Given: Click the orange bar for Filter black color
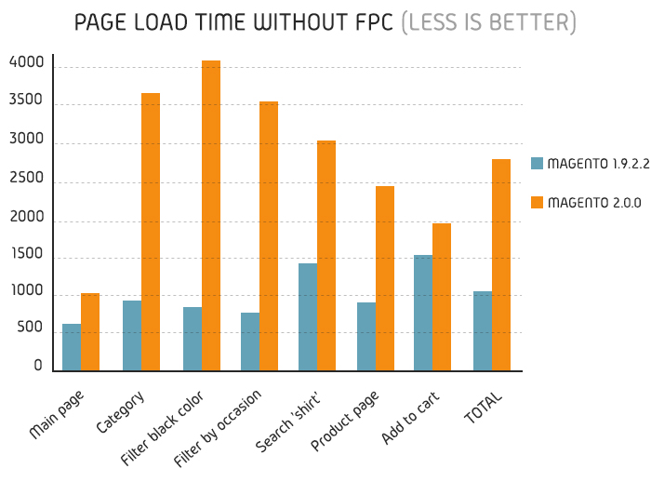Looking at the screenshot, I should coord(211,216).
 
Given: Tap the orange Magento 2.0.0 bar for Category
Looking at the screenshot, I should coord(151,232).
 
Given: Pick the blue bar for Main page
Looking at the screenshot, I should coord(72,347).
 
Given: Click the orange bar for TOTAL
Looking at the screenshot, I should coord(501,265).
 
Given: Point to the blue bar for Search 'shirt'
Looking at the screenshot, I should coord(308,317).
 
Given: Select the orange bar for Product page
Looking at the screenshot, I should coord(385,278).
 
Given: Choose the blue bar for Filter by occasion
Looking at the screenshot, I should coord(250,341).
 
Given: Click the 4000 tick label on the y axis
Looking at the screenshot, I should coord(25,63).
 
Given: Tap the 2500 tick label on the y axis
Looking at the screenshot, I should coord(25,178).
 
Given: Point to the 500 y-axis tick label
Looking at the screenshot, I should coord(29,328).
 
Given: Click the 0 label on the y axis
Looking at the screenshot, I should coord(39,366).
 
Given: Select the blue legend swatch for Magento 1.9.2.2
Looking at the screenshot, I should coord(537,164).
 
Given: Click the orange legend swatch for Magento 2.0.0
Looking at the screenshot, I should coord(537,202).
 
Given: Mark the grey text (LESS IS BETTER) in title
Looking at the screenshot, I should coord(488,21).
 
